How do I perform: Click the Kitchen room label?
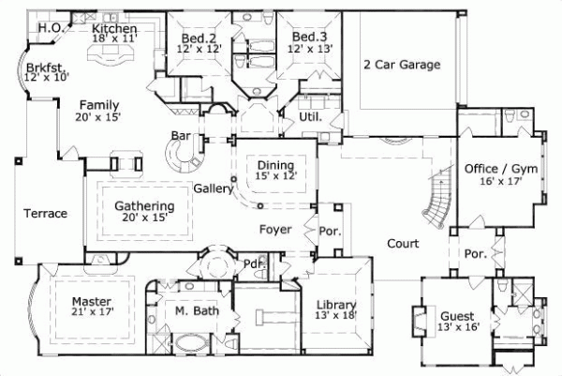click(115, 29)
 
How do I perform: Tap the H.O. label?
click(50, 28)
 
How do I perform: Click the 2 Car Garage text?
click(403, 64)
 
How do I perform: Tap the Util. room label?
click(311, 118)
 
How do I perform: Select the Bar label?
click(181, 137)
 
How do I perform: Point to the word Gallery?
click(213, 188)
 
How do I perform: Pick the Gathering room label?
click(144, 206)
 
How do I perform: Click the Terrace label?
click(45, 213)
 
